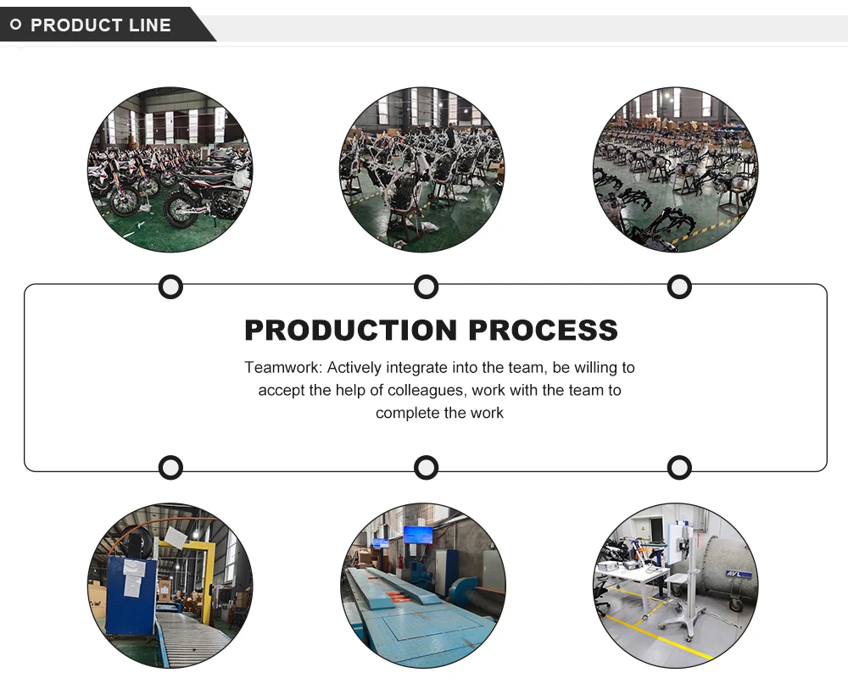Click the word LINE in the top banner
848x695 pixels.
pyautogui.click(x=151, y=25)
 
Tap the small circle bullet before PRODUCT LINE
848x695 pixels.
pyautogui.click(x=16, y=25)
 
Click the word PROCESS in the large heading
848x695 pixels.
pyautogui.click(x=543, y=330)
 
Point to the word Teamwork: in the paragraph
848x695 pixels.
pyautogui.click(x=283, y=368)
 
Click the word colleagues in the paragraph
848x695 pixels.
pyautogui.click(x=427, y=391)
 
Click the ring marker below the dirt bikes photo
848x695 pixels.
pyautogui.click(x=170, y=287)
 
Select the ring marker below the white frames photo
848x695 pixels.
pyautogui.click(x=426, y=287)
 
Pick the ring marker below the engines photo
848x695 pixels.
pyautogui.click(x=679, y=287)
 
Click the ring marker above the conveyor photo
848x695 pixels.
pyautogui.click(x=170, y=467)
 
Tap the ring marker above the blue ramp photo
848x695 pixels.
pyautogui.click(x=426, y=467)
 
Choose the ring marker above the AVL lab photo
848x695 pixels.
pyautogui.click(x=679, y=467)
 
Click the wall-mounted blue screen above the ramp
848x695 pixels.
pyautogui.click(x=416, y=535)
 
